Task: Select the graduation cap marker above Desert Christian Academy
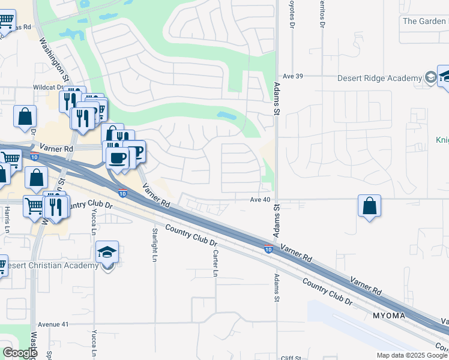(107, 253)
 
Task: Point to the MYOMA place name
(388, 316)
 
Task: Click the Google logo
(20, 353)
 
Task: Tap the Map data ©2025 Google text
(412, 355)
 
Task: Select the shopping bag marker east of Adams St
(369, 206)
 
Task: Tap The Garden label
(425, 21)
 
